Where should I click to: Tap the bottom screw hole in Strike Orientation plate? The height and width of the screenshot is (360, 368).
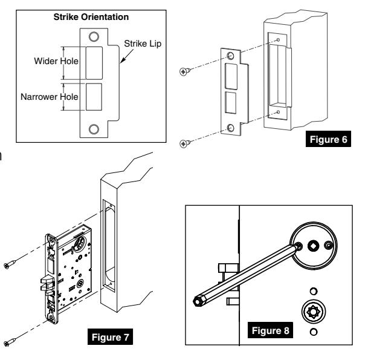[x=93, y=128]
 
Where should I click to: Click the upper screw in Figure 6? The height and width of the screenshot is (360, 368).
[x=185, y=71]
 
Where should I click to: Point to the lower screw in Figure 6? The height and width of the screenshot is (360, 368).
[x=185, y=143]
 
